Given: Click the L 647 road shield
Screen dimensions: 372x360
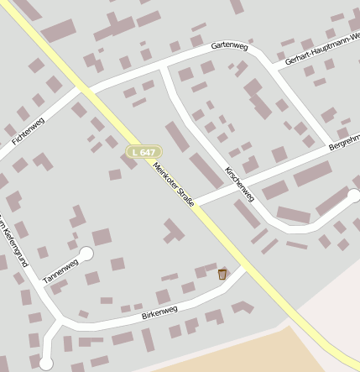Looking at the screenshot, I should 143,152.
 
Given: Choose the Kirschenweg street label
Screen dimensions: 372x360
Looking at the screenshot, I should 240,183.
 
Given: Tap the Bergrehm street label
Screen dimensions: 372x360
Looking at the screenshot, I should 344,139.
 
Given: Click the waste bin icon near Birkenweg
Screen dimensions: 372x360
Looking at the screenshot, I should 222,274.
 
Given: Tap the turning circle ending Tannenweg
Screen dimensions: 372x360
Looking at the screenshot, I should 86,253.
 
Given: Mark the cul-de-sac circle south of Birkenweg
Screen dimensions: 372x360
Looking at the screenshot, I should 46,363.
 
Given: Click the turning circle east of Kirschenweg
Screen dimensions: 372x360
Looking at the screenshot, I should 354,196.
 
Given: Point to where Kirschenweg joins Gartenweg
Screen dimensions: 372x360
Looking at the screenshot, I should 164,65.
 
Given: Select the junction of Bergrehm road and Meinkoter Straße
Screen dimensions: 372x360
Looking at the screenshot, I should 196,204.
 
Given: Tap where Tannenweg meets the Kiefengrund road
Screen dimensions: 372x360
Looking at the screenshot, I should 39,287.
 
